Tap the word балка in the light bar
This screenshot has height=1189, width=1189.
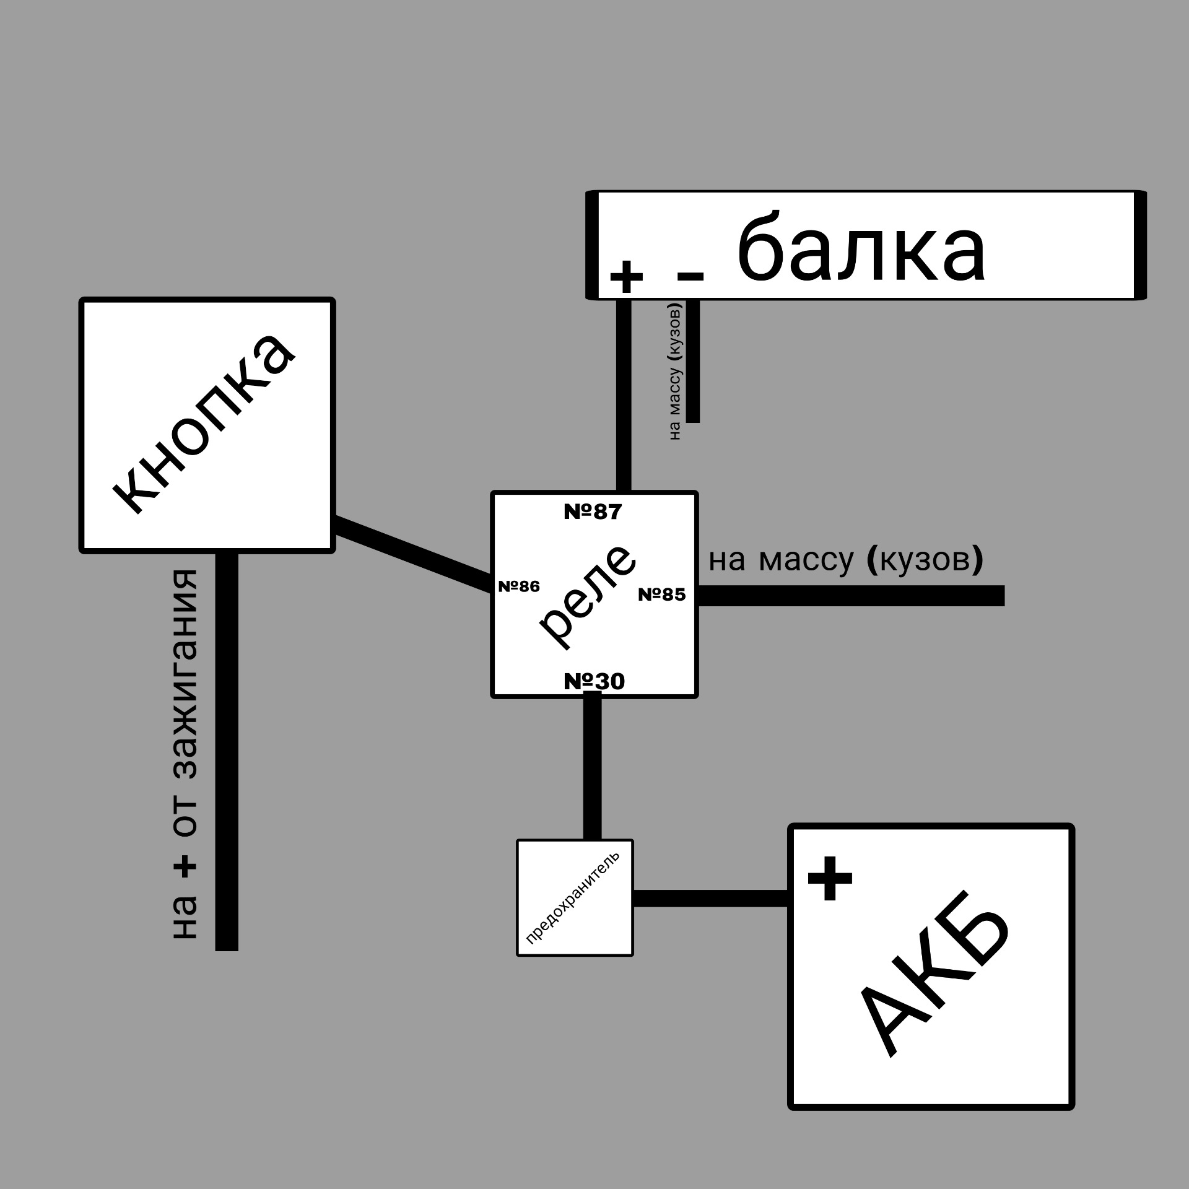click(x=861, y=246)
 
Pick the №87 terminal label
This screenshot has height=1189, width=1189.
click(x=593, y=512)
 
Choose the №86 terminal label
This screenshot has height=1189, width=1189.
click(x=519, y=586)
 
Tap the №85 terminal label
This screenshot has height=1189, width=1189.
click(x=662, y=594)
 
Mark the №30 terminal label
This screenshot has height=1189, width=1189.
click(x=594, y=682)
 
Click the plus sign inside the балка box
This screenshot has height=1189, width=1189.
click(x=627, y=276)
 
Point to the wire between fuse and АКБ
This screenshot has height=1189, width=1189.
click(x=711, y=898)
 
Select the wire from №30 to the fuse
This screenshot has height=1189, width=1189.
click(x=592, y=768)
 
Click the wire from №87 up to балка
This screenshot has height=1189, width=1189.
click(x=624, y=395)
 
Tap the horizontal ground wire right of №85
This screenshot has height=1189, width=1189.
click(x=851, y=596)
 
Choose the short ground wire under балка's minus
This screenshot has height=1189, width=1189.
click(x=693, y=361)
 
